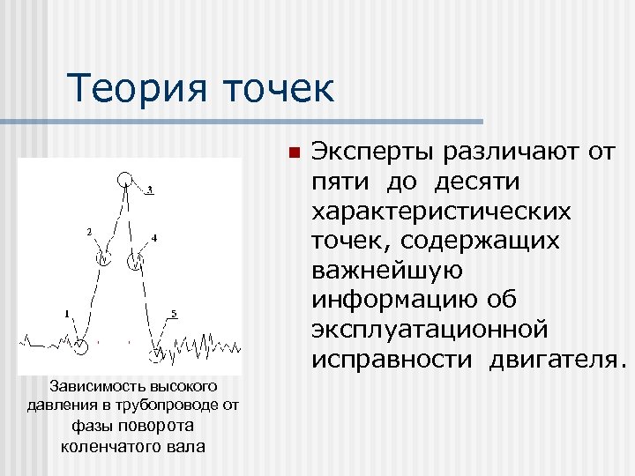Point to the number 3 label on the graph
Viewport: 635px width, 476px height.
[x=150, y=190]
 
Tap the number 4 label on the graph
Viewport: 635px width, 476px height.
[x=154, y=238]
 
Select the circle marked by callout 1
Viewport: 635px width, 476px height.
[x=81, y=346]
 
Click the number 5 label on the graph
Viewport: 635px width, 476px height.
[x=174, y=314]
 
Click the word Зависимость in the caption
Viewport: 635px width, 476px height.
[x=89, y=387]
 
